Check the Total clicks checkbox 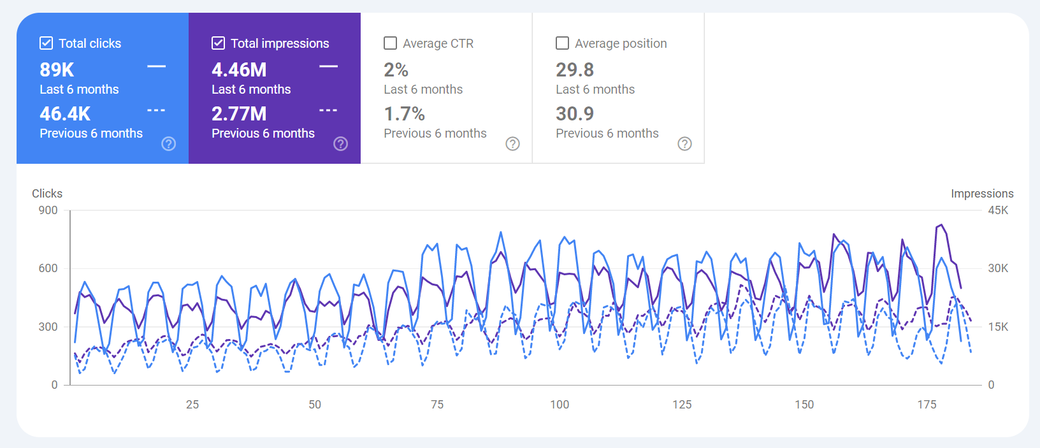pyautogui.click(x=46, y=43)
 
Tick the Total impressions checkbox pyautogui.click(x=218, y=43)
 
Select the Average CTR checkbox pyautogui.click(x=390, y=43)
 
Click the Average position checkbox pyautogui.click(x=562, y=43)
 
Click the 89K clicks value pyautogui.click(x=57, y=69)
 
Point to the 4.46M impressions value pyautogui.click(x=239, y=69)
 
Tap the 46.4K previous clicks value pyautogui.click(x=65, y=113)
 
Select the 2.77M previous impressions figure pyautogui.click(x=239, y=113)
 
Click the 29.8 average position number pyautogui.click(x=575, y=69)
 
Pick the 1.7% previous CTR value pyautogui.click(x=404, y=113)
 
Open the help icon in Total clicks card pyautogui.click(x=169, y=143)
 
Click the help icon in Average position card pyautogui.click(x=684, y=143)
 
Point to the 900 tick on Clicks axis pyautogui.click(x=48, y=210)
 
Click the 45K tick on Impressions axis pyautogui.click(x=998, y=210)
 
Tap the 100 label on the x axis pyautogui.click(x=560, y=405)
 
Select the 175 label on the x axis pyautogui.click(x=927, y=405)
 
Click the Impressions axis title pyautogui.click(x=981, y=194)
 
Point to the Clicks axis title pyautogui.click(x=47, y=194)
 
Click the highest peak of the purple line pyautogui.click(x=941, y=224)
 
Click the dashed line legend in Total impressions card pyautogui.click(x=328, y=111)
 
